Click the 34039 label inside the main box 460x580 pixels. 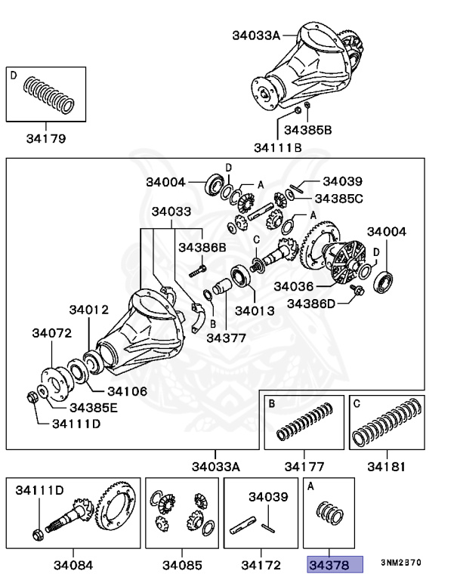point(342,181)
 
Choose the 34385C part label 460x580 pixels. point(339,199)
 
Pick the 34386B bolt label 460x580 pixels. point(202,246)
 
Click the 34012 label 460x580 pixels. point(89,310)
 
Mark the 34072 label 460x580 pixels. point(51,332)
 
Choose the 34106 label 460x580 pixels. point(127,391)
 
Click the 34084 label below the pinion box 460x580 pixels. point(73,564)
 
